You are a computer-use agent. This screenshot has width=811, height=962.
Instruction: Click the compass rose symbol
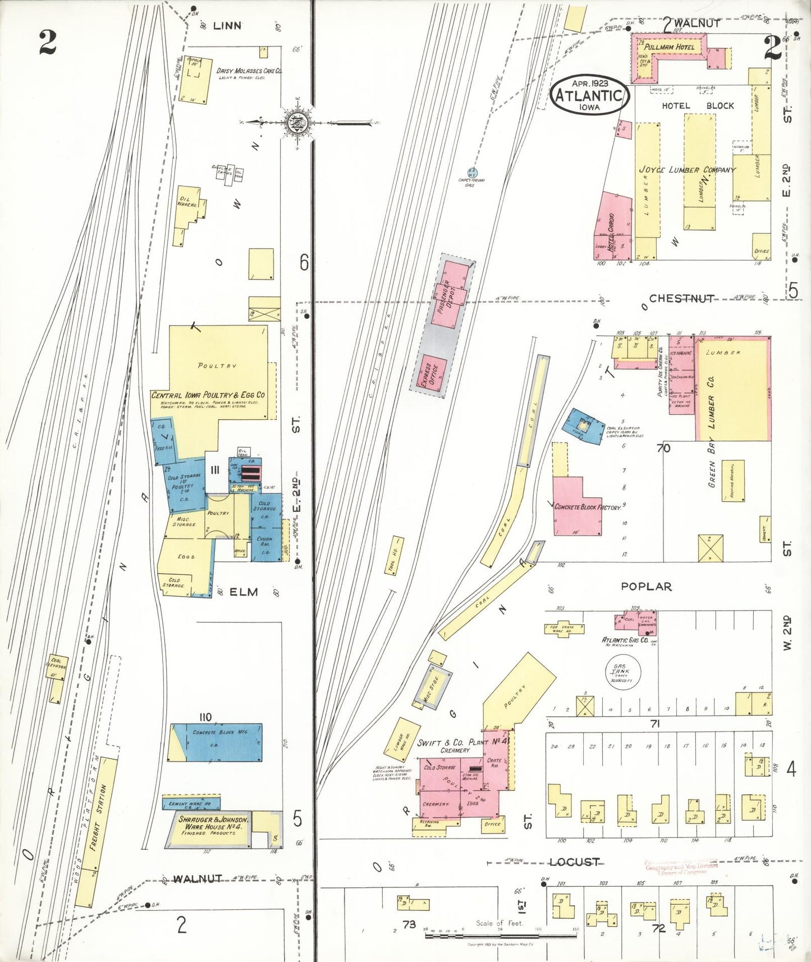click(x=296, y=122)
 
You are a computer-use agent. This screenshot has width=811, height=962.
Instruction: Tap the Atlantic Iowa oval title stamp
click(x=589, y=95)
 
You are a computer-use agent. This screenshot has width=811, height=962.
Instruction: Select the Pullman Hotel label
click(x=669, y=47)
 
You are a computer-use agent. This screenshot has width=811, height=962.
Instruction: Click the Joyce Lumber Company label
click(x=687, y=170)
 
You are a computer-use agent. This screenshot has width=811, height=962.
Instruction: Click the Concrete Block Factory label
click(x=588, y=507)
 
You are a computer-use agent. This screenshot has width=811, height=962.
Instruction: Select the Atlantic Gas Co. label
click(x=625, y=640)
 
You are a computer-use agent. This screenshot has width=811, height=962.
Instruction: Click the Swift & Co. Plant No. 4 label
click(x=462, y=742)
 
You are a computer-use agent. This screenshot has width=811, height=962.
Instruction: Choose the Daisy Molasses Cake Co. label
click(x=249, y=71)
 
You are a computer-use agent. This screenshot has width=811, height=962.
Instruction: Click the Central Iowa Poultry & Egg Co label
click(x=208, y=395)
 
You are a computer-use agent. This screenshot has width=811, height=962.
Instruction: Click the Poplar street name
click(x=645, y=586)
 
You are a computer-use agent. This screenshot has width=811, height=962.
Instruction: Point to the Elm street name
click(x=244, y=592)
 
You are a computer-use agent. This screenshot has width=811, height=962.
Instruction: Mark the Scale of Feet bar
click(x=501, y=935)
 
